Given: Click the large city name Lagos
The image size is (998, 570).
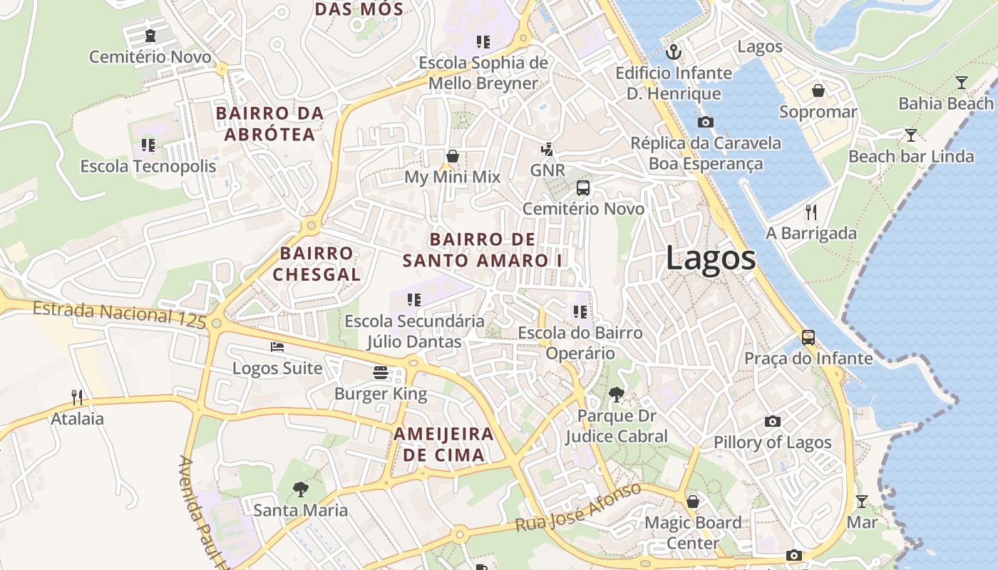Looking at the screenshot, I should coord(711,258).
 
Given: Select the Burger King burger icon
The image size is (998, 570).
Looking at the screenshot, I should coord(381,372).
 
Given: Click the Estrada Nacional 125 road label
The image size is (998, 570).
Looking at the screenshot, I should coord(119,313).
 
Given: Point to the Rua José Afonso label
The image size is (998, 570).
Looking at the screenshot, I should coord(578,507).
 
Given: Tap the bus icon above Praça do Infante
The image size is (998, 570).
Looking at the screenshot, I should coord(808,337).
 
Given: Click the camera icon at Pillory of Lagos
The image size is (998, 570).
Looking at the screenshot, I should coord(772,421).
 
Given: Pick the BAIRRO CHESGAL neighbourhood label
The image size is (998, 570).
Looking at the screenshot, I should coord(317,264).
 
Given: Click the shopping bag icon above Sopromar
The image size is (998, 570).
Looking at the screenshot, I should coord(818,90).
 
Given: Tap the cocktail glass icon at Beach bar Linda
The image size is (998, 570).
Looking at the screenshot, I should coord(910,135).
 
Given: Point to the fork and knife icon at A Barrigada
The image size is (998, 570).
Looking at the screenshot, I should coord(811,212).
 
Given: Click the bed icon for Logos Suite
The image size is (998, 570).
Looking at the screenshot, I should coord(277,347).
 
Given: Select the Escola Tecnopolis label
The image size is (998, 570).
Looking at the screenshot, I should coord(148,167).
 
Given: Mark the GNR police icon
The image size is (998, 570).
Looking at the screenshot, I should coord(547,149).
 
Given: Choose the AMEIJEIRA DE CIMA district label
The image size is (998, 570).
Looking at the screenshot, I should coord(443,445).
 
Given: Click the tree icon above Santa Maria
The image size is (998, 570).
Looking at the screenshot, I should coord(301,489).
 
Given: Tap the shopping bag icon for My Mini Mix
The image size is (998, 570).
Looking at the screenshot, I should coord(452,155).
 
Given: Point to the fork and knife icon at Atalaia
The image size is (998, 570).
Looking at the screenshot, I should coord(77,397).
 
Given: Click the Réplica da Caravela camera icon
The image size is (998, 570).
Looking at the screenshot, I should coord(706,122).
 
